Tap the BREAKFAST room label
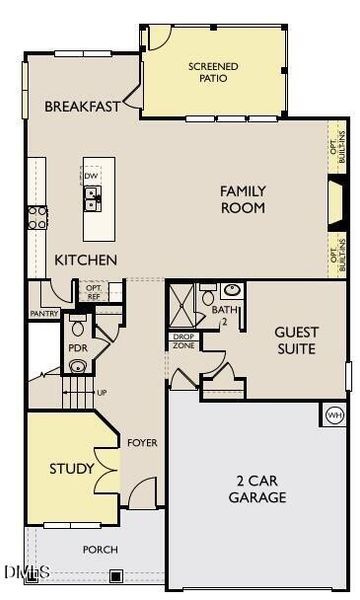(x=82, y=106)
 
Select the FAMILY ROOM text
(x=243, y=200)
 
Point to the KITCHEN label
(x=86, y=260)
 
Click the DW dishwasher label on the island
(x=91, y=177)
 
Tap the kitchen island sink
(x=91, y=199)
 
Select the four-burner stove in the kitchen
(x=36, y=217)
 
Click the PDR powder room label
(x=78, y=348)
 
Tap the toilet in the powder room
(x=78, y=327)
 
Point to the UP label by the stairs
(x=101, y=392)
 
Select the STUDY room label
(x=72, y=468)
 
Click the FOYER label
(x=142, y=441)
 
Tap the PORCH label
(x=100, y=549)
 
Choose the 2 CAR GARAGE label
(x=257, y=488)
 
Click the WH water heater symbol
(x=335, y=413)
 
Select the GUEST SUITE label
(x=296, y=341)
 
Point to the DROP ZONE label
(x=183, y=341)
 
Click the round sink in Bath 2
(x=233, y=290)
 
